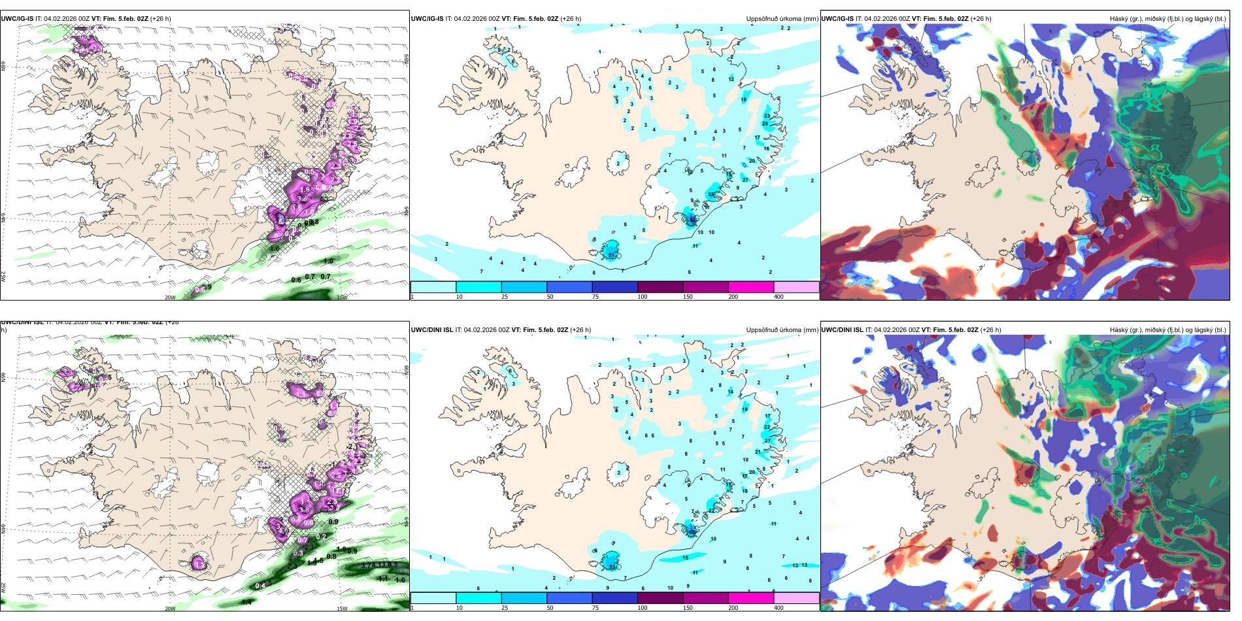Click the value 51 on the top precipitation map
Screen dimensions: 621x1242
(611, 255)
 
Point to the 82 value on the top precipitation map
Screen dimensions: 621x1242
(692, 220)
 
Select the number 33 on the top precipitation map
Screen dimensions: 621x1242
(711, 194)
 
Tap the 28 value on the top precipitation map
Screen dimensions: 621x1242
(765, 124)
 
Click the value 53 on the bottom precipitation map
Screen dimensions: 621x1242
(612, 567)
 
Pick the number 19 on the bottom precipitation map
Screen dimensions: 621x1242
(745, 409)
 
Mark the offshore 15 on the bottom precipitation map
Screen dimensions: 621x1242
(686, 558)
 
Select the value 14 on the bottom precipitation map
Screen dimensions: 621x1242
(731, 392)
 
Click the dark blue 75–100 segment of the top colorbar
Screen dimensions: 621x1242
(614, 287)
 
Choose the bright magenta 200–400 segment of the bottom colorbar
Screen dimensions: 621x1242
(750, 598)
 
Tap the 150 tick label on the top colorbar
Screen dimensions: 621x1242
(688, 297)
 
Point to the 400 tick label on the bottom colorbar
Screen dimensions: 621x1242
(779, 608)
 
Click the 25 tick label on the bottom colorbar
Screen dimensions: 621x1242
(505, 608)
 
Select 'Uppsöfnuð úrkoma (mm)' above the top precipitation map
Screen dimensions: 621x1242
(782, 19)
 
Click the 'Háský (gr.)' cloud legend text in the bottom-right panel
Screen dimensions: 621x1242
(1126, 330)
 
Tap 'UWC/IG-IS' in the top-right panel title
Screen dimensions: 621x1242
(837, 19)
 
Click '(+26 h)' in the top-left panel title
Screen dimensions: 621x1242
(160, 19)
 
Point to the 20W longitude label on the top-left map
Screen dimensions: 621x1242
(170, 297)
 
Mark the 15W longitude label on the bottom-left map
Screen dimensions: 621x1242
(341, 609)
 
